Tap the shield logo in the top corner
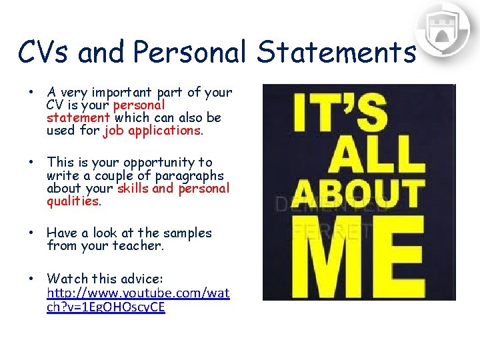(442, 30)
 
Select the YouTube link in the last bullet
(139, 300)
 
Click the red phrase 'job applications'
(152, 131)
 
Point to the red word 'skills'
(133, 188)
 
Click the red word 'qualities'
(73, 201)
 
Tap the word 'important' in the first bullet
(123, 93)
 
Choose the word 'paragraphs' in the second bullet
(189, 175)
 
